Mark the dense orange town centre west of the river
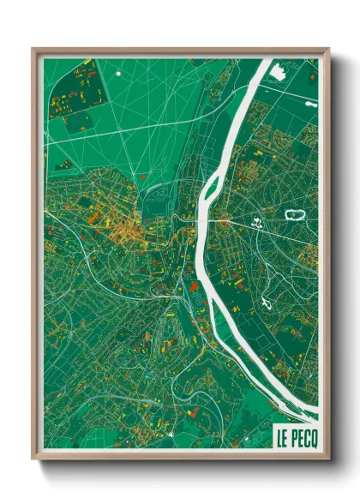(x=124, y=227)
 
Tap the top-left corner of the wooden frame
(x=33, y=50)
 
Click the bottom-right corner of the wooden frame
(x=329, y=458)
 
